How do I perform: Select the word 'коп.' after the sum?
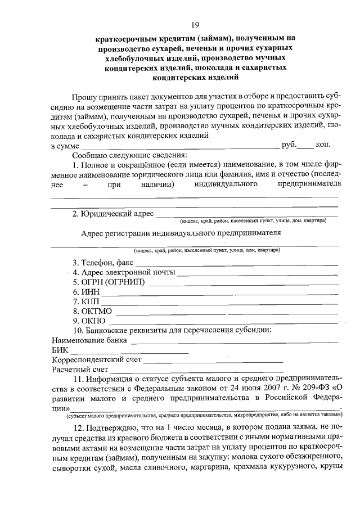coord(322,145)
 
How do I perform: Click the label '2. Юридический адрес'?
coord(112,214)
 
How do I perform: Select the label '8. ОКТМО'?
coord(92,311)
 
